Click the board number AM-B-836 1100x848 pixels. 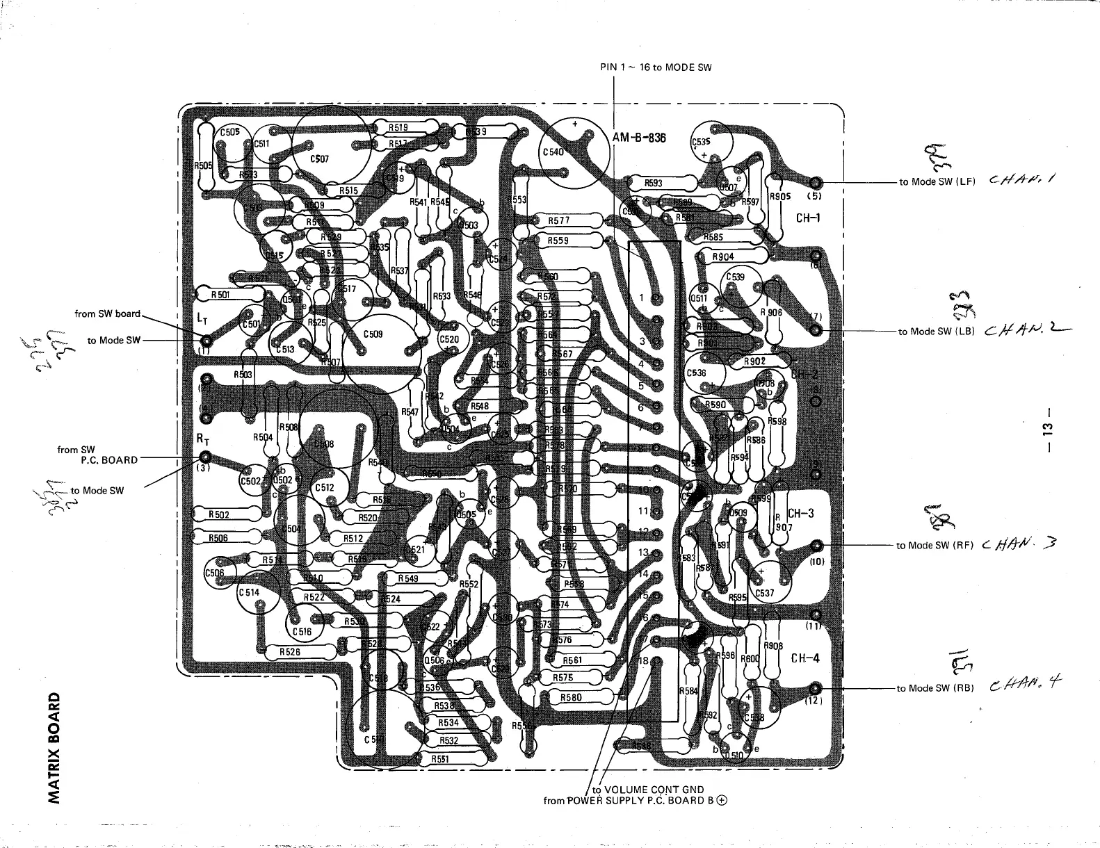[639, 138]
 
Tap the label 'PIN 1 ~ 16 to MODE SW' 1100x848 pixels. [656, 67]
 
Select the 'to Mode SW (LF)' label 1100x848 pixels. [937, 181]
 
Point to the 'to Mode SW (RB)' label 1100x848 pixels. [935, 688]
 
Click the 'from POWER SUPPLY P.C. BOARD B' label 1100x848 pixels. [635, 801]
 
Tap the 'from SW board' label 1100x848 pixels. [107, 313]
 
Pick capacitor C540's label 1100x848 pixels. [553, 152]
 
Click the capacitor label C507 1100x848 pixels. [320, 158]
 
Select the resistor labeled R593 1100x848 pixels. [654, 184]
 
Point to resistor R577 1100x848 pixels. [559, 220]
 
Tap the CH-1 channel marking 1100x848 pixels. [808, 218]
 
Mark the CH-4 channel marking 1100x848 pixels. [805, 658]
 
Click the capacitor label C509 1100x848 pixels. [373, 334]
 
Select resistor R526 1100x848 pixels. [290, 652]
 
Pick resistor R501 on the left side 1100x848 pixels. [220, 295]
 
